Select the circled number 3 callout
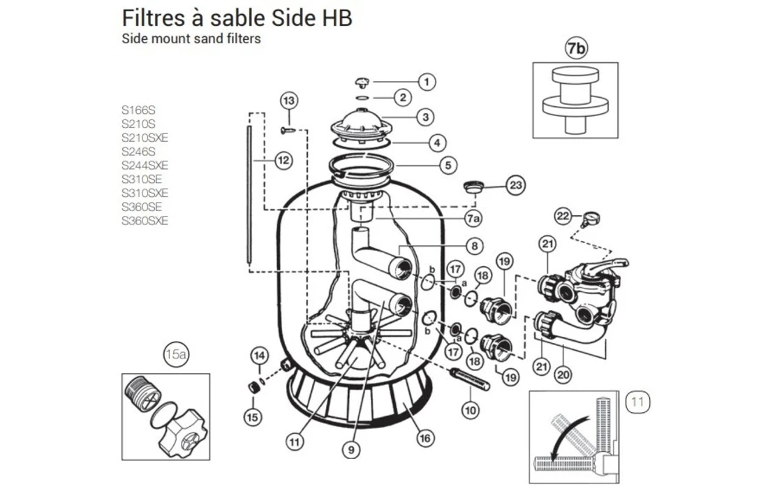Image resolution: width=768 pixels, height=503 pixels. pyautogui.click(x=425, y=117)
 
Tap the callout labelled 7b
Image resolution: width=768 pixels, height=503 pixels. pyautogui.click(x=575, y=48)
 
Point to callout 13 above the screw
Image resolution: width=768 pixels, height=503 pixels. pyautogui.click(x=290, y=100)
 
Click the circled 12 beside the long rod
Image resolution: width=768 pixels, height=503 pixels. pyautogui.click(x=283, y=161)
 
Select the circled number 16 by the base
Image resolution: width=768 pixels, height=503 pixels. pyautogui.click(x=424, y=439)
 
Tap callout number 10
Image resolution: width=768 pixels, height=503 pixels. pyautogui.click(x=471, y=410)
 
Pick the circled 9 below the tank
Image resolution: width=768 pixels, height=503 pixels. pyautogui.click(x=352, y=450)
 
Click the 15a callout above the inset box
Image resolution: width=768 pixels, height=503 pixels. pyautogui.click(x=176, y=355)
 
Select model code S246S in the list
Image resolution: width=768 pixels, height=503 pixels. pyautogui.click(x=138, y=151)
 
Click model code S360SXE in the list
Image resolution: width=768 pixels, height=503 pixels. pyautogui.click(x=145, y=221)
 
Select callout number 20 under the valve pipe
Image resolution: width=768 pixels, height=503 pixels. pyautogui.click(x=563, y=374)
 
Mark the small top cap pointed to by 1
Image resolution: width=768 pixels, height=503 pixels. pyautogui.click(x=364, y=82)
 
